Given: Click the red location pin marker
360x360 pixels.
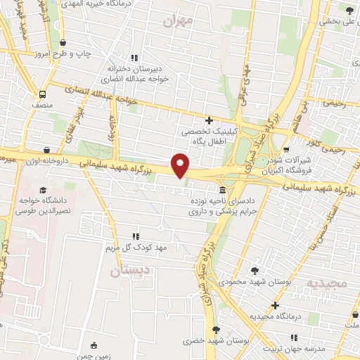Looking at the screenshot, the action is (181, 165).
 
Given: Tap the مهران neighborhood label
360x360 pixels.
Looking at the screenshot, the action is (177, 21).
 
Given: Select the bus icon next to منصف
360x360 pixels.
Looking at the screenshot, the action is (43, 94).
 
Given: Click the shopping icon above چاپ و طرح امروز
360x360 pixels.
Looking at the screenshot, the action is (63, 43).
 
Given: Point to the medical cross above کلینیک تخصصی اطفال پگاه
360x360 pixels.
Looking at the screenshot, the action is (209, 120).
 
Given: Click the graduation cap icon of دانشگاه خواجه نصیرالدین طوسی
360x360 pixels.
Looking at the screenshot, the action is (44, 191).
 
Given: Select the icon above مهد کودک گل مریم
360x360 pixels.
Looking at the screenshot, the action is (136, 237).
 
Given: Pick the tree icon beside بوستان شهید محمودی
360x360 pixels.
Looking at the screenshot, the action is (254, 270).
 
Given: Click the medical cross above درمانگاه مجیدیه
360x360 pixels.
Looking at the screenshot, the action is (275, 306).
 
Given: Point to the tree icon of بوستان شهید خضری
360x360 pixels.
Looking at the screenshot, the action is (216, 329).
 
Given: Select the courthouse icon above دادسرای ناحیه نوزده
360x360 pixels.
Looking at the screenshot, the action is (222, 191).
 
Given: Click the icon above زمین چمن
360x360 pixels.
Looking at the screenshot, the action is (94, 345).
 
